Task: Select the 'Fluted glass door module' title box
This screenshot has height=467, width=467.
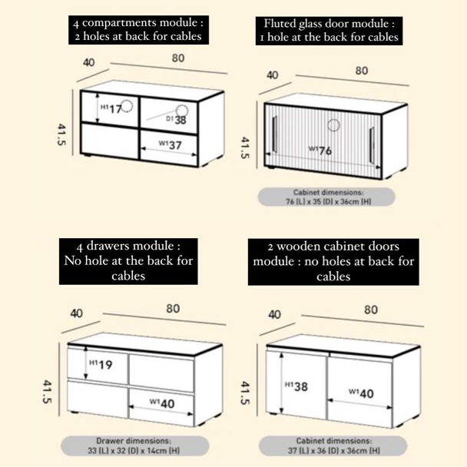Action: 330,28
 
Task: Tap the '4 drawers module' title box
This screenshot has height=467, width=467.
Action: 128,261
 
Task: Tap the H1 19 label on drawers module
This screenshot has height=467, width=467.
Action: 101,364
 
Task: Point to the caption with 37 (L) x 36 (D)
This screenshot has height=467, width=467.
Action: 328,446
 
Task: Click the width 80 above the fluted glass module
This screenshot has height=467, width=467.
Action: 361,71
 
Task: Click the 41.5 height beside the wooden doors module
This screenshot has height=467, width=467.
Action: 245,392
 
